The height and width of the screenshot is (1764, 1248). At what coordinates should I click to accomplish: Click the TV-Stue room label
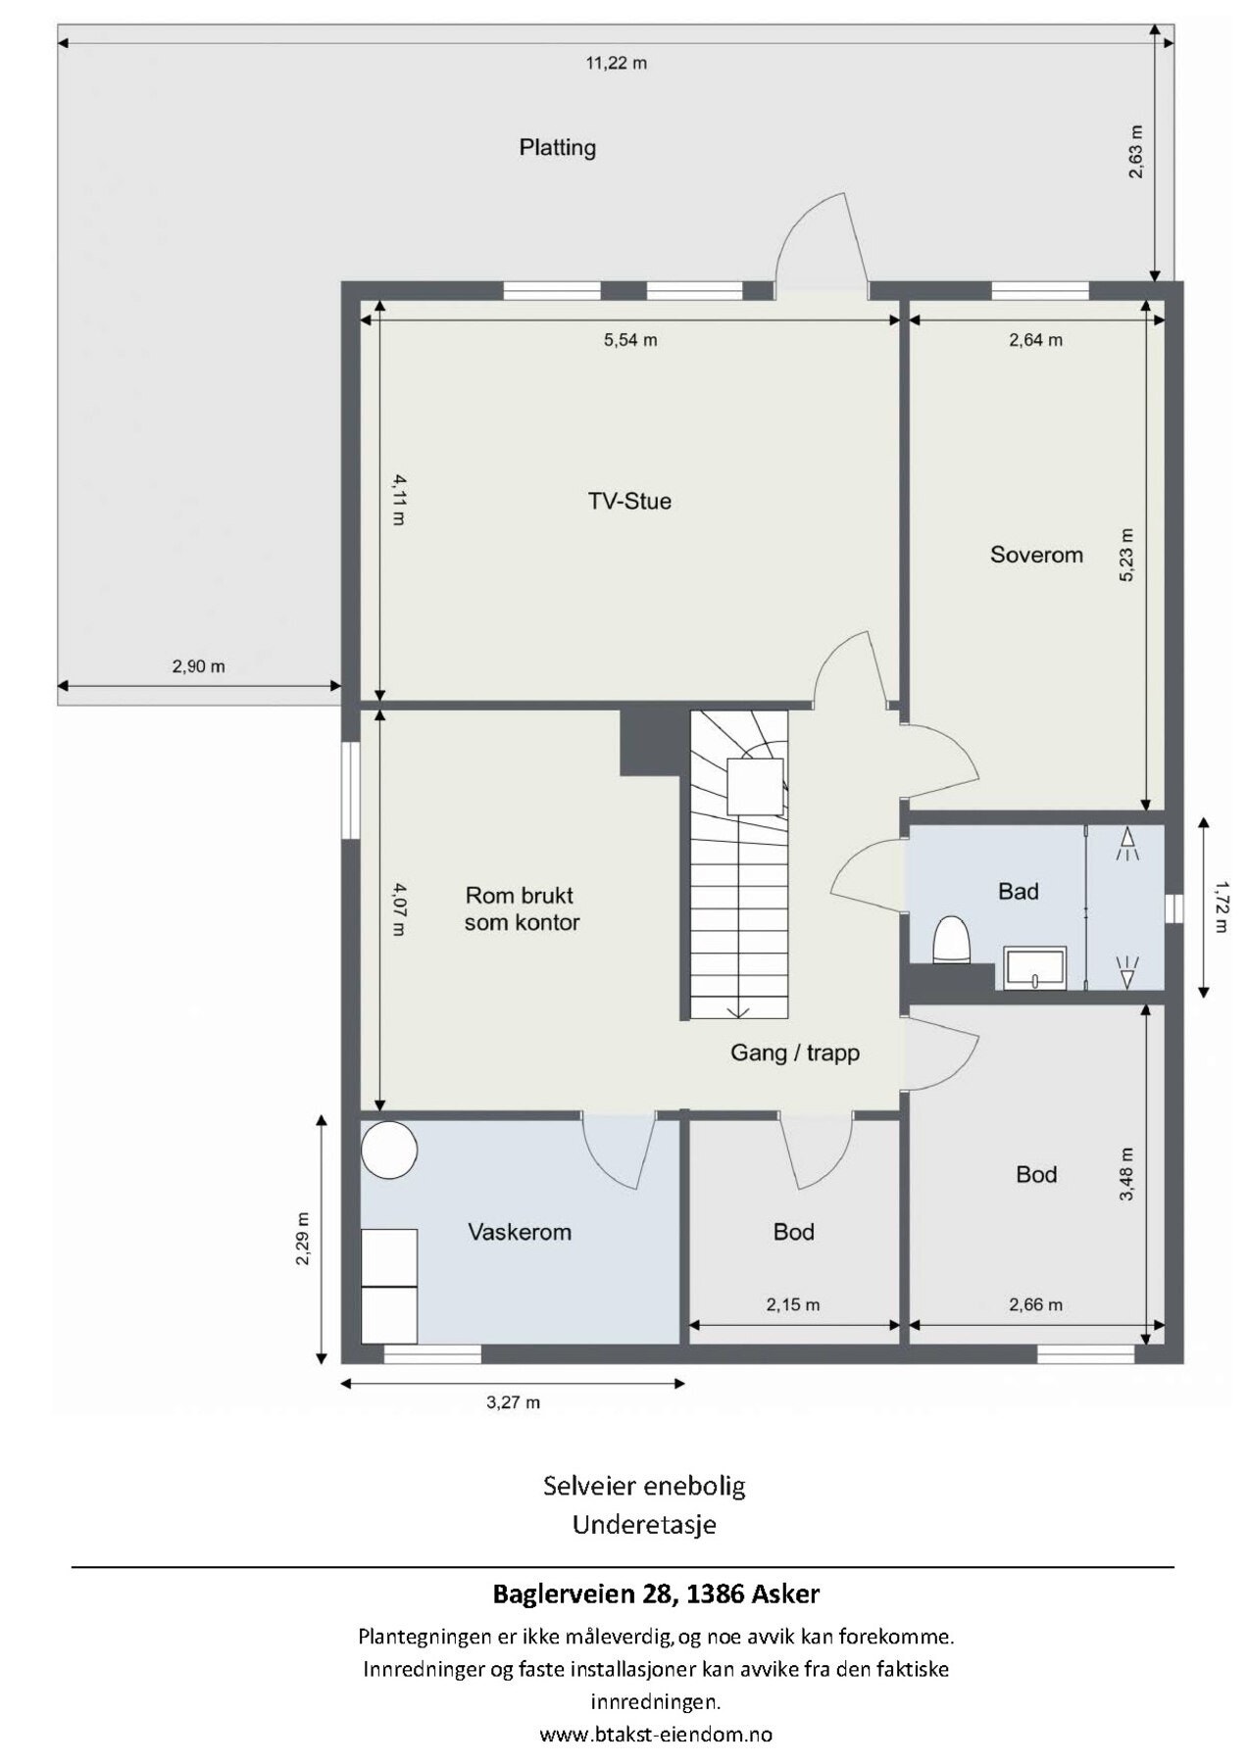(x=629, y=502)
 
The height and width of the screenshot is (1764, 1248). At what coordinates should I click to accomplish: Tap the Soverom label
(x=1036, y=555)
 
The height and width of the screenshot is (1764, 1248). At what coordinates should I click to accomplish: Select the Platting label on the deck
(x=558, y=148)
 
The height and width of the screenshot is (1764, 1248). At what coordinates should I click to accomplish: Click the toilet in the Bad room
(x=951, y=940)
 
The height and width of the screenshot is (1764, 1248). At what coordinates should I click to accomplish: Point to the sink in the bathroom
(x=1034, y=968)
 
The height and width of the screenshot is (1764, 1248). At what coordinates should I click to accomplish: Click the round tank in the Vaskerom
(x=389, y=1150)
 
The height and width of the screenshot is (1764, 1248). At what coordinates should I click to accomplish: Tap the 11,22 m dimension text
(x=617, y=64)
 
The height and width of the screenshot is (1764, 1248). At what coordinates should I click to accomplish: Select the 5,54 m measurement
(x=630, y=340)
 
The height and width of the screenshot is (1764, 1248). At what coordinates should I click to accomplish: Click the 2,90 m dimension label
(x=199, y=666)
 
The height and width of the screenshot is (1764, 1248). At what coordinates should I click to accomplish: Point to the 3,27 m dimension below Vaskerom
(x=514, y=1402)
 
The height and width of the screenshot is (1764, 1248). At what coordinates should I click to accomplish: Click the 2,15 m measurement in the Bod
(x=793, y=1304)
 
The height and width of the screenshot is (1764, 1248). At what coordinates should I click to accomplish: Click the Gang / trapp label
(x=795, y=1053)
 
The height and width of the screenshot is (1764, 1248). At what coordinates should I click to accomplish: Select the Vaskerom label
(x=520, y=1232)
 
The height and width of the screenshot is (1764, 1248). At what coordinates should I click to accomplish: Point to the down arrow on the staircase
(x=738, y=1011)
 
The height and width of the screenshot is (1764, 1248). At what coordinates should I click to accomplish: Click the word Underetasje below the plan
(x=644, y=1525)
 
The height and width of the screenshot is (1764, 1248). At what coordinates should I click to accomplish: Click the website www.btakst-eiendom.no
(x=656, y=1734)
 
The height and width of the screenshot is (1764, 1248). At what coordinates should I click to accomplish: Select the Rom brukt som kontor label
(x=522, y=908)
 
